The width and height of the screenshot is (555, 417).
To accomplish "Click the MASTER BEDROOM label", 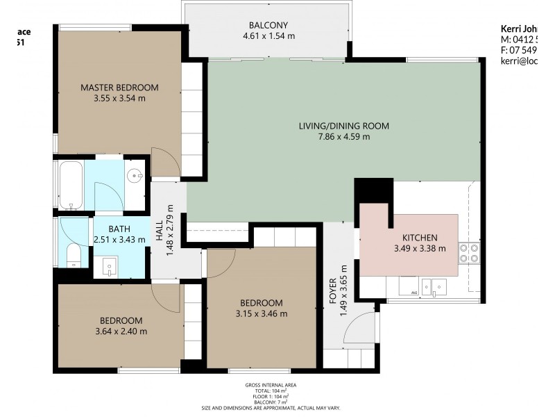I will pos(119,88).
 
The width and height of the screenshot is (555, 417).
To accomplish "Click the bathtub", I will pos(71,186).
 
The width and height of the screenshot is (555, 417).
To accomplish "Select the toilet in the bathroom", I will pos(72,255).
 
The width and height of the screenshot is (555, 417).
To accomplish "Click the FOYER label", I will pos(332,292).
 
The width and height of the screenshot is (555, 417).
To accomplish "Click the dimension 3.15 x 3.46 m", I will pos(262,313).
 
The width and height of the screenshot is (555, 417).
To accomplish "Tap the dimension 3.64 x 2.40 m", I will pos(121,332).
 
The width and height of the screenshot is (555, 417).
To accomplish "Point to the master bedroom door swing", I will pos(162,163).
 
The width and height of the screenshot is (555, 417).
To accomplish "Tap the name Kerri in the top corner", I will pos(511,28).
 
